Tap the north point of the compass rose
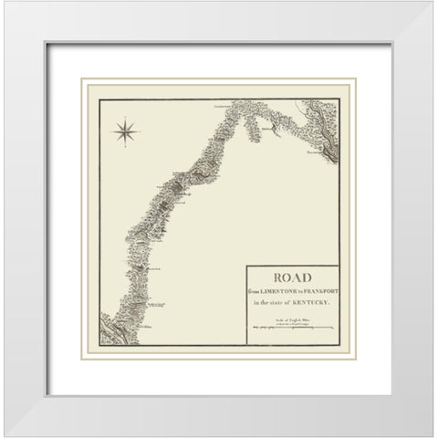pos(125,119)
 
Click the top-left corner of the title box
pos(246,266)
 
